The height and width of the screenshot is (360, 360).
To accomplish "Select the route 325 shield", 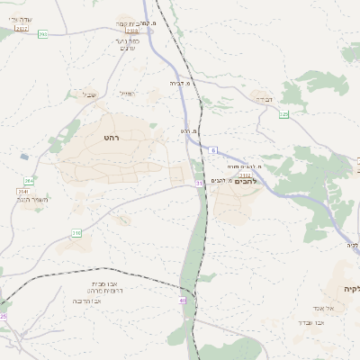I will pos(283,114).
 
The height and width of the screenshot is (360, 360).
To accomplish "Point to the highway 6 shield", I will pos(213,149).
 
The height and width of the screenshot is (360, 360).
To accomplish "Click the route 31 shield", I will pos(199,184).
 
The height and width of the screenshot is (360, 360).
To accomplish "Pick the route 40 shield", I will pos(183,300).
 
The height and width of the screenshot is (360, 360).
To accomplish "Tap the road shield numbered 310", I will pos(77,234).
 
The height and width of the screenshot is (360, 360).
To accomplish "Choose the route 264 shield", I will pos(29,180).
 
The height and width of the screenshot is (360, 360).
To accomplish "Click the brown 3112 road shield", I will pos(245,175).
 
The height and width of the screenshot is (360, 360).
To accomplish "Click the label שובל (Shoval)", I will pos(90,94).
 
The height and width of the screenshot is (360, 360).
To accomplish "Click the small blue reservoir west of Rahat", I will pos(23,157).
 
